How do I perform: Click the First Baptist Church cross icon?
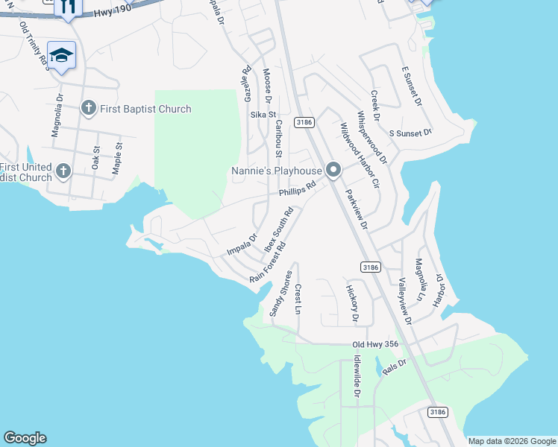click(88, 109)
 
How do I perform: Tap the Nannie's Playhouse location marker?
click(333, 171)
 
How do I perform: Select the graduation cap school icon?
click(61, 54)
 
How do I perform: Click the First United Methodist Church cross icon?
click(63, 171)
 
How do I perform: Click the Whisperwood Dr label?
click(372, 137)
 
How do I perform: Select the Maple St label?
click(116, 158)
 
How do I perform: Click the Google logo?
click(25, 438)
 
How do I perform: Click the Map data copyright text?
click(512, 441)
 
